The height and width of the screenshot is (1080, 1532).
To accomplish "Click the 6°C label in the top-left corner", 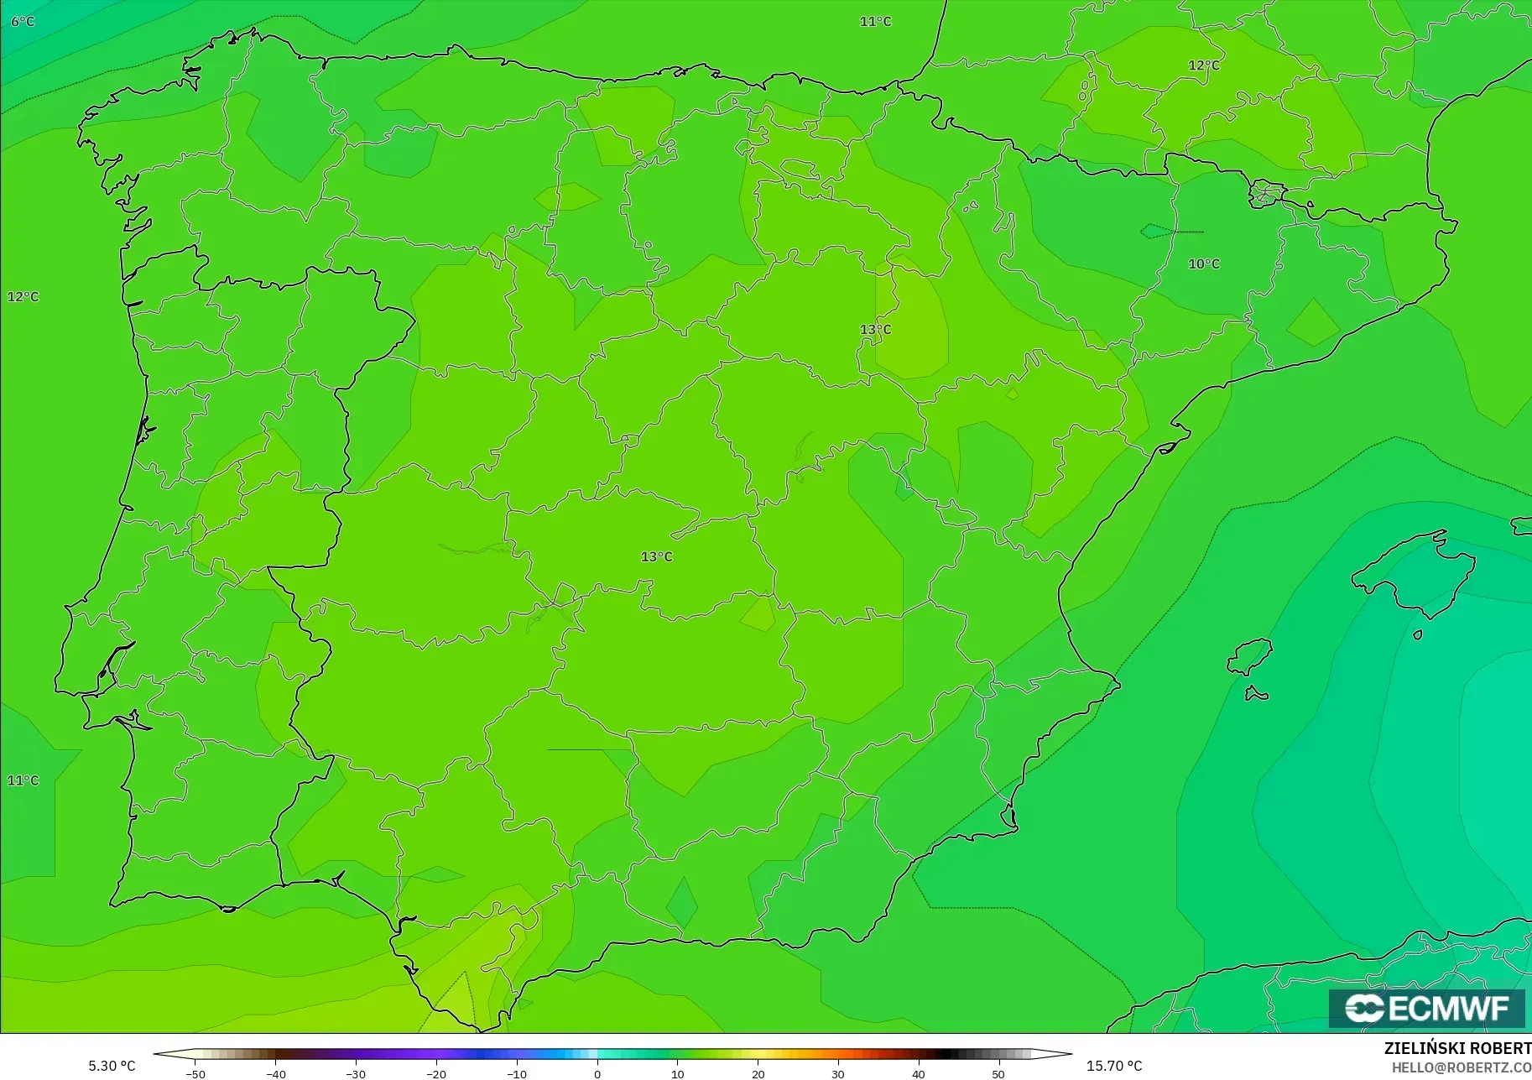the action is (23, 21).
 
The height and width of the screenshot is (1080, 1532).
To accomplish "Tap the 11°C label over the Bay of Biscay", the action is (875, 21).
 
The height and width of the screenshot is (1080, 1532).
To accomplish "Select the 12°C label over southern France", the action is (1203, 65).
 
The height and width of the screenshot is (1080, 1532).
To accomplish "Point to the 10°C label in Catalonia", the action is (1203, 263).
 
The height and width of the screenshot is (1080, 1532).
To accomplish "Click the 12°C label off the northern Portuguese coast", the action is (23, 296).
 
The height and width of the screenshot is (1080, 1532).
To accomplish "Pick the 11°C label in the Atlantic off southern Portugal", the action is (23, 780).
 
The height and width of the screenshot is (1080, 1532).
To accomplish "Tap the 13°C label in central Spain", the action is (656, 556).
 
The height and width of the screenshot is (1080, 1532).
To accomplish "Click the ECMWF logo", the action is (1426, 1008).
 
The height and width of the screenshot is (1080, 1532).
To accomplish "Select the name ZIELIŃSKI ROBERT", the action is (1457, 1049).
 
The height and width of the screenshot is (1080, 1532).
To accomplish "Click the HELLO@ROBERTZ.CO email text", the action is (1461, 1067).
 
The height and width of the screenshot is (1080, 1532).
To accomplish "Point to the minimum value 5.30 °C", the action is (112, 1066).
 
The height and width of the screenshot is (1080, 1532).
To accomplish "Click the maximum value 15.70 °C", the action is (1114, 1066).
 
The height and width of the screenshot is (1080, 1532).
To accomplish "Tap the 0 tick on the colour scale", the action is (597, 1073).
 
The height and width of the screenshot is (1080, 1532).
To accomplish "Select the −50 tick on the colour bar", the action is (195, 1073).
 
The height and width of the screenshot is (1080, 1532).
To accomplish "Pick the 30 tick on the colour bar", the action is (837, 1073).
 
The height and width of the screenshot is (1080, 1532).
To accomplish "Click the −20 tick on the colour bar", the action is (436, 1073).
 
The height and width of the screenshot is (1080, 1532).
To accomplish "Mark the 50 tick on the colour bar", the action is (998, 1073).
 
